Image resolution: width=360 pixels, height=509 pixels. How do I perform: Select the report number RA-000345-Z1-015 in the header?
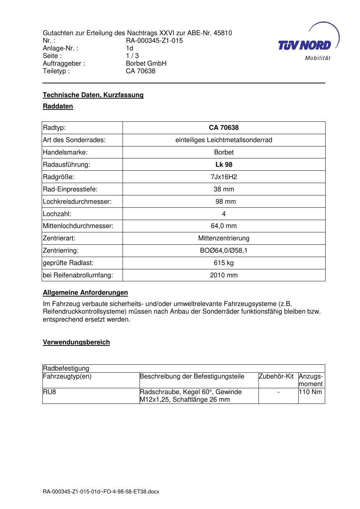coord(154,41)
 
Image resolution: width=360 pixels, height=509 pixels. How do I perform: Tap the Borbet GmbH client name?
coord(146,63)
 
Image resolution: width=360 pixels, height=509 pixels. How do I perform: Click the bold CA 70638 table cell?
coord(224,128)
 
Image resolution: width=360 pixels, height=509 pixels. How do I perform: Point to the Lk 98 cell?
coord(224,165)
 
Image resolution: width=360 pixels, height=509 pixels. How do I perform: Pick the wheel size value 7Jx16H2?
coord(224,177)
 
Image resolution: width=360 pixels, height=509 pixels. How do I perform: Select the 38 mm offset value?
coord(224,189)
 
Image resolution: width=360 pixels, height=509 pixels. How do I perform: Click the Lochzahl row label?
coord(57,214)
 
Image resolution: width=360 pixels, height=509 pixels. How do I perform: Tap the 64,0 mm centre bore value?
coord(224,226)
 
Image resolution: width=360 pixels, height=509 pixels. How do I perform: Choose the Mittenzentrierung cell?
coord(224,238)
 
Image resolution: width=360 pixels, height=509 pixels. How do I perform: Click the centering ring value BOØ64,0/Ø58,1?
coord(224,251)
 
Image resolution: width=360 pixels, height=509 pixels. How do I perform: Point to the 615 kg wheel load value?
coord(224,263)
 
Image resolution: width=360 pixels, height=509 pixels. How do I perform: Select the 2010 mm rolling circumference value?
coord(224,275)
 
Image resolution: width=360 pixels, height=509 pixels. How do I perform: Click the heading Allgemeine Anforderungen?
coord(85,293)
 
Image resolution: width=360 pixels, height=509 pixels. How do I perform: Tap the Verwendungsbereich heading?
coord(76,342)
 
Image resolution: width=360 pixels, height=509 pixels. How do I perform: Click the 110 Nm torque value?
coord(311,392)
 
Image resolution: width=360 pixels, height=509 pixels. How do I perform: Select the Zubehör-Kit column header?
coord(276,376)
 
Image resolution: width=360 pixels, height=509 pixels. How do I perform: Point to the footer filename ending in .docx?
coord(101,492)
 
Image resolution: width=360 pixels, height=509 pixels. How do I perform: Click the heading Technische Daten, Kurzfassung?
coord(93,95)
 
